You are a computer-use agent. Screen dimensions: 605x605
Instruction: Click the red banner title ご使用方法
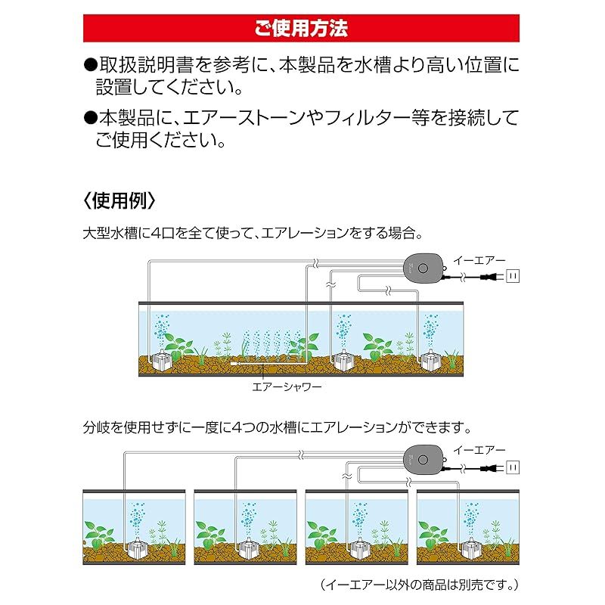point(301,28)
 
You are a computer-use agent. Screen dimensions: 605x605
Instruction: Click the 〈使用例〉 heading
point(119,200)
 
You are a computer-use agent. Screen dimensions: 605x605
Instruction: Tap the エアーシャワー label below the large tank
point(287,386)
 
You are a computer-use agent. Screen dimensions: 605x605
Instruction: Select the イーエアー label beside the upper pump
point(479,261)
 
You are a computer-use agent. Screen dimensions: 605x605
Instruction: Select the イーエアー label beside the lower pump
point(479,450)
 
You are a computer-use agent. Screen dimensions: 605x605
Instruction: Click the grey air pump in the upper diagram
point(423,268)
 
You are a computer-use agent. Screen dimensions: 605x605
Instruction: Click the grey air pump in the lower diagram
point(423,460)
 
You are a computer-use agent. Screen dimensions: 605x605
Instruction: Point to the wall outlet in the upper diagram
point(513,276)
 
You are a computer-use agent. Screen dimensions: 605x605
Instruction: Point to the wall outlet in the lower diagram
point(513,467)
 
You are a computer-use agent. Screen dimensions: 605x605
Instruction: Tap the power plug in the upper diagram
point(490,276)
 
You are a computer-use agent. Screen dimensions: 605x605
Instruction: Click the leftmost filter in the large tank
point(163,359)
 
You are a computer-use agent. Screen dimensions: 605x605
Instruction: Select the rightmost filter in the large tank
point(431,360)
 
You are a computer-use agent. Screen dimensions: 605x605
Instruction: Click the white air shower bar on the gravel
point(266,364)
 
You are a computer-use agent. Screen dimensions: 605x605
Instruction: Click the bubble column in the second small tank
point(249,519)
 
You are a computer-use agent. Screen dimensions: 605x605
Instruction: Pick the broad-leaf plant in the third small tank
point(321,535)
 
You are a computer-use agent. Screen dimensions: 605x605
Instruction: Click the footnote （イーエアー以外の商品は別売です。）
point(420,585)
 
